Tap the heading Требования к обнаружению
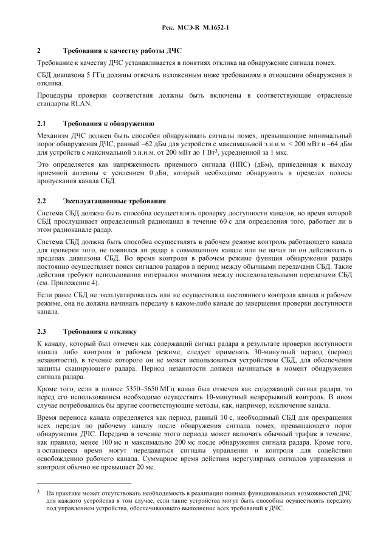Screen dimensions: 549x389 coord(104,124)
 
